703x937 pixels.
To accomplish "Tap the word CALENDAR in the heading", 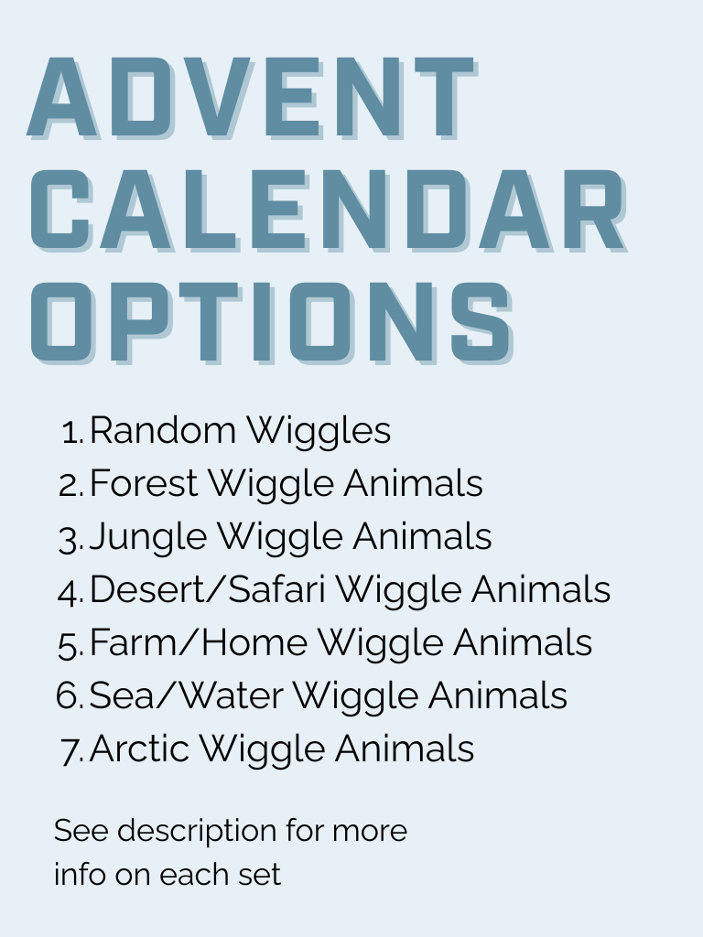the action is pos(329,210).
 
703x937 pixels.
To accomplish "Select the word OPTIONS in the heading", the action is pos(272,323).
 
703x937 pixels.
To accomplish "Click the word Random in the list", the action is pos(163,430).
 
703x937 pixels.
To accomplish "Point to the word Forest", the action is pos(144,483).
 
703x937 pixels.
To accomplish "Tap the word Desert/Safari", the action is pos(208,589).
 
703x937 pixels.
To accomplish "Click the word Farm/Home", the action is pos(199,642).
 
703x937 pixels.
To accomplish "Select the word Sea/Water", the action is pos(186,695).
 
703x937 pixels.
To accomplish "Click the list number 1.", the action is pos(71,433).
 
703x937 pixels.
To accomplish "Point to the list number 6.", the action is pos(70,696).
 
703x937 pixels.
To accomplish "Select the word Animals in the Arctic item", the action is pos(404,749).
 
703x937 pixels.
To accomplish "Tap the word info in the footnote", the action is pos(81,874).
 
